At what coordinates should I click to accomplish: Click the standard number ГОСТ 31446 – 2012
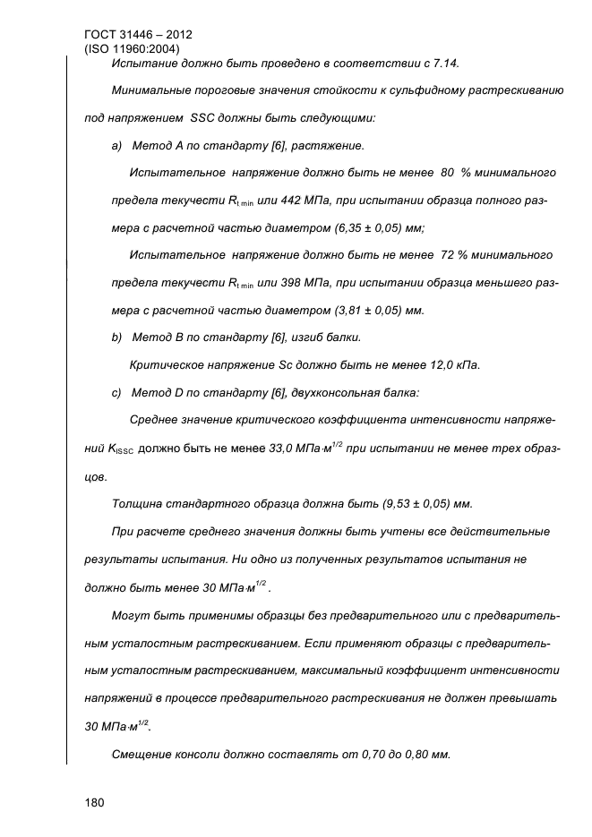point(137,35)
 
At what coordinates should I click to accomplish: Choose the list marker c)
point(116,392)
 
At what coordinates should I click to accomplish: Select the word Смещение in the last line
point(143,754)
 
